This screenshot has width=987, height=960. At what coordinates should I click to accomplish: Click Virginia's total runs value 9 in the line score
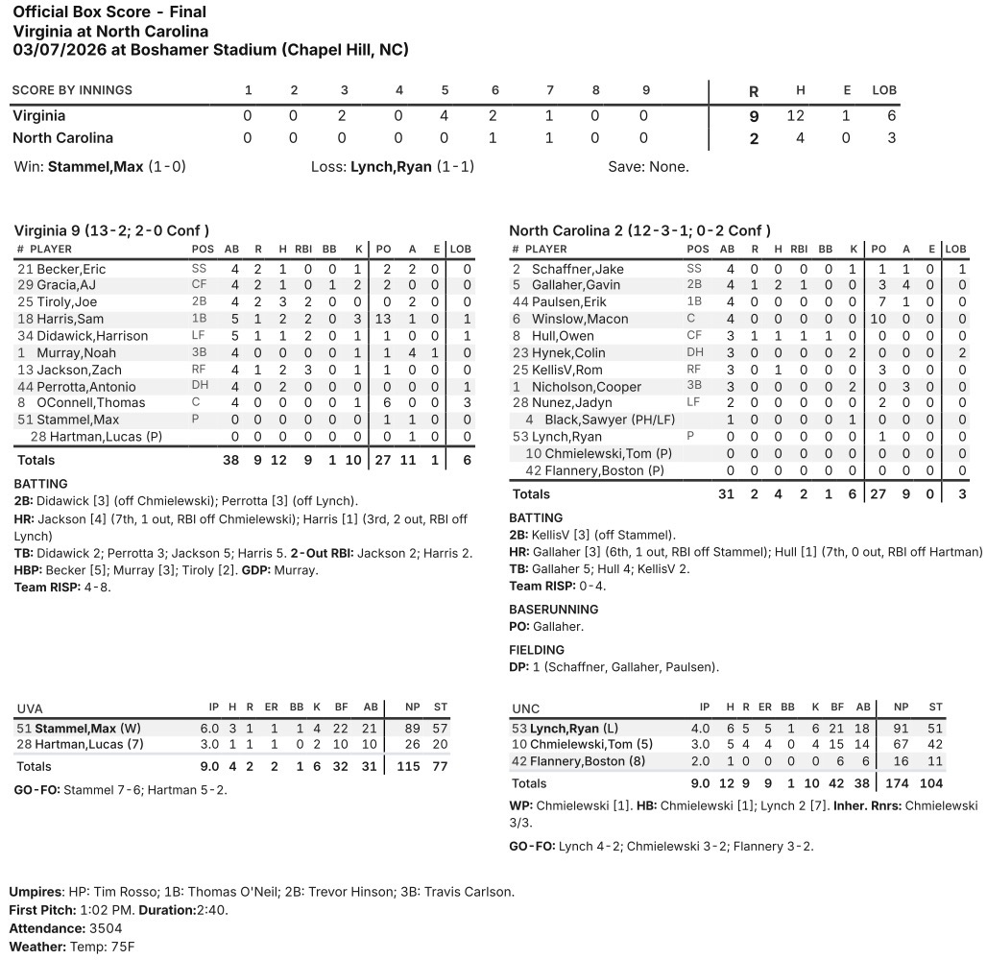(x=754, y=116)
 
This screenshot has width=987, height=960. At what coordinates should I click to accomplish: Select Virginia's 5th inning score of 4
(x=445, y=116)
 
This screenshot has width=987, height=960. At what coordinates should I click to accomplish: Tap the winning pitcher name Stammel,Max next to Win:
(x=95, y=167)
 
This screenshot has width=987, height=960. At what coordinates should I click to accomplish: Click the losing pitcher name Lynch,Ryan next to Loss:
(x=391, y=167)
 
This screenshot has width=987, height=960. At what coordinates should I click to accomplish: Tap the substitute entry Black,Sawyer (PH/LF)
(x=601, y=420)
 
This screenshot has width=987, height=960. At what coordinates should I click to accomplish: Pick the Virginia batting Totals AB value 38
(x=231, y=461)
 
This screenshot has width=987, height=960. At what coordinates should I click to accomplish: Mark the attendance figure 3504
(x=105, y=928)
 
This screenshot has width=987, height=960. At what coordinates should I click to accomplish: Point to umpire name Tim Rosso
(x=127, y=892)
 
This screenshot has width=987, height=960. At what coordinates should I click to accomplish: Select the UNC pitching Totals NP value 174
(x=902, y=784)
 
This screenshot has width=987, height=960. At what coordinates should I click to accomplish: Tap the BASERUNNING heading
(x=553, y=610)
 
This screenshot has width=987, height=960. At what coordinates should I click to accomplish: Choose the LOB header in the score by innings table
(x=883, y=91)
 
